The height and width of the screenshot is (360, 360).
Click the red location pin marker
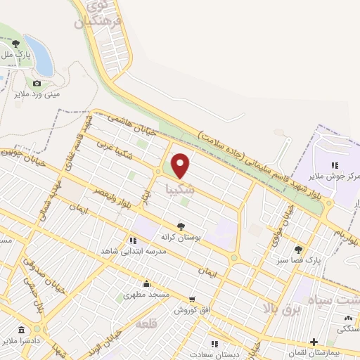click(x=181, y=165)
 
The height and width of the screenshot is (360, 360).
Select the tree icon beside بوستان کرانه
click(x=181, y=226)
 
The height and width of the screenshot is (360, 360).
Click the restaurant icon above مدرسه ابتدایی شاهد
click(x=133, y=240)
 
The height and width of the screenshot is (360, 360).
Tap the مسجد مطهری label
click(x=146, y=295)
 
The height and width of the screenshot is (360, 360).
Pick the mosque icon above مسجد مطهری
click(x=146, y=284)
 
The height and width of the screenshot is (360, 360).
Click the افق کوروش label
click(x=194, y=310)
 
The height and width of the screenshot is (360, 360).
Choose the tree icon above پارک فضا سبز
click(x=298, y=250)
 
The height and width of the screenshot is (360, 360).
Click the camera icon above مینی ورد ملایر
click(x=37, y=83)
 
